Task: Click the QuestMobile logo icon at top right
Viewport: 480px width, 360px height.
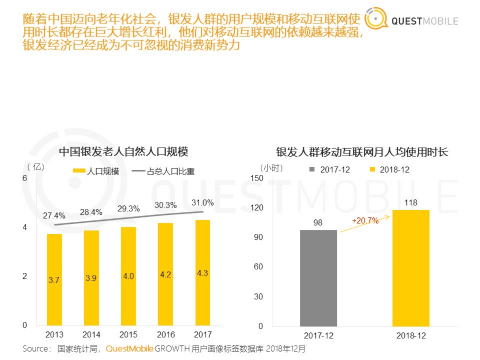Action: point(376,20)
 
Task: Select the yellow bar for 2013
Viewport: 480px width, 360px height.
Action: point(54,279)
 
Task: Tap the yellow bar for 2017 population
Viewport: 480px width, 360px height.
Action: point(203,272)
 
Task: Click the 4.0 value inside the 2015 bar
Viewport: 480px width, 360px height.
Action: point(128,276)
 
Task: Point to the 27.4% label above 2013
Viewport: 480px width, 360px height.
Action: point(54,216)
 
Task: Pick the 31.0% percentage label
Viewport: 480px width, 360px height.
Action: point(203,203)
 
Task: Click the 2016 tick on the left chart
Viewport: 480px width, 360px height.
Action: point(166,334)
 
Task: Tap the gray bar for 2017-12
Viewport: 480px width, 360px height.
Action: point(318,278)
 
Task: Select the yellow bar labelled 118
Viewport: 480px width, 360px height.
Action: point(411,268)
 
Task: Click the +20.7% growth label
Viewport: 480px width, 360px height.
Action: point(365,220)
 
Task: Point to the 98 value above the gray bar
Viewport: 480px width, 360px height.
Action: point(318,222)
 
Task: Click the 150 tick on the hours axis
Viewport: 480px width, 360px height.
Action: point(256,178)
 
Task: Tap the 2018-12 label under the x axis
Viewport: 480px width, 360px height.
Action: point(410,335)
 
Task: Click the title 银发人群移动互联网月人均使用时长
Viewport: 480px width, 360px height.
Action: point(362,152)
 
